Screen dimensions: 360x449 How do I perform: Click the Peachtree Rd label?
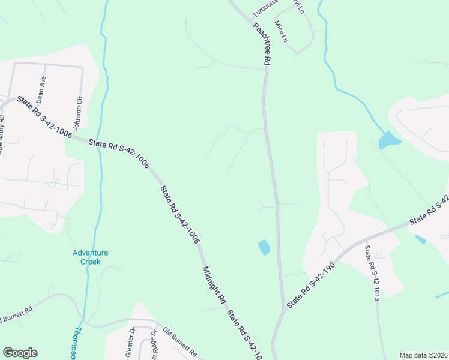coord(261,44)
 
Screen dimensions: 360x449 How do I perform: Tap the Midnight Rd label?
coord(214,286)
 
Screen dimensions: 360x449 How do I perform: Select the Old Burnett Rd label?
coord(180,341)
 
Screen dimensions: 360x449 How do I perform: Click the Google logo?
coord(20,353)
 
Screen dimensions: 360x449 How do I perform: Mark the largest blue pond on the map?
coord(389,140)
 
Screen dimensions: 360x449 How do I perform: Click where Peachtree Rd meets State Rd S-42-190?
coord(283,310)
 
